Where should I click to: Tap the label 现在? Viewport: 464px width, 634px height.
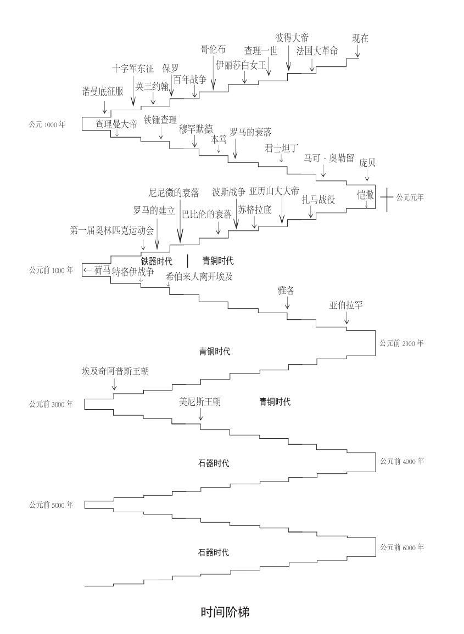(360, 38)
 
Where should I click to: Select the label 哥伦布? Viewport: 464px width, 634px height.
(213, 49)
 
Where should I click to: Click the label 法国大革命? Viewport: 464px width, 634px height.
(317, 51)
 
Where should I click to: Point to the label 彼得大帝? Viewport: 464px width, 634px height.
(292, 38)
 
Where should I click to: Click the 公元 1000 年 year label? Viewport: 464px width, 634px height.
(47, 124)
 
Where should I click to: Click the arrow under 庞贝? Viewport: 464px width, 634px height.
(367, 174)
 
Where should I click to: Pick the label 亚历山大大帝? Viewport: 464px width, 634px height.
(275, 191)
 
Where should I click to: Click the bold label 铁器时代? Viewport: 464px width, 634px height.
(156, 261)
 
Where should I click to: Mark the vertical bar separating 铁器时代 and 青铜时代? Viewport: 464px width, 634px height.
(187, 261)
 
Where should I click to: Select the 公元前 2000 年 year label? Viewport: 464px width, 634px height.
(401, 343)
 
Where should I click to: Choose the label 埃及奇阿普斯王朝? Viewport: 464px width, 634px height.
(115, 371)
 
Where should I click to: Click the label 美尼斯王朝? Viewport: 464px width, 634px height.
(200, 402)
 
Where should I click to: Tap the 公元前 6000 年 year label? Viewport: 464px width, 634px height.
(402, 547)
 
